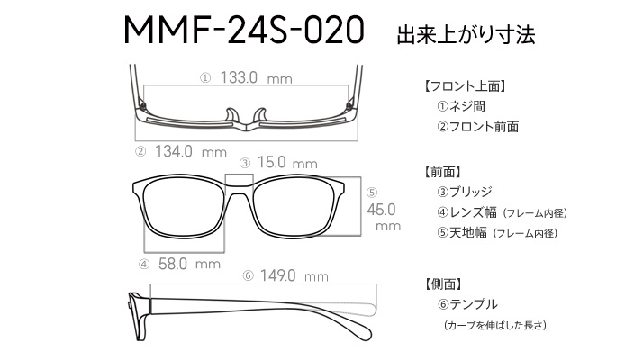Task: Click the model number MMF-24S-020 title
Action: click(243, 30)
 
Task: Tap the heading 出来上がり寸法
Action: click(466, 34)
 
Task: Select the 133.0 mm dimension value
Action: click(257, 77)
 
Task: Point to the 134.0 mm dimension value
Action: click(191, 152)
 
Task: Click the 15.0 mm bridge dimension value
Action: click(287, 162)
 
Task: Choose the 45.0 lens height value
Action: click(381, 210)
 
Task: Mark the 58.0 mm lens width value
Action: click(189, 264)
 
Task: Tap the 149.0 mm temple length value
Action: click(294, 275)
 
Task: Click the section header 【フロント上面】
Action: click(464, 86)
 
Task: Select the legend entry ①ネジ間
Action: click(461, 106)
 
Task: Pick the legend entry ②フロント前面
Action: click(477, 127)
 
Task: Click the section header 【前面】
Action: click(442, 172)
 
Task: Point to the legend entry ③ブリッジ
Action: click(465, 192)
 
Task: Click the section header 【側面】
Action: click(443, 283)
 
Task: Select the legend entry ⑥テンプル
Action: click(467, 304)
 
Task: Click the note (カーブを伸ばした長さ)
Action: click(495, 325)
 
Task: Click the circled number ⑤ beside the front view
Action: click(372, 193)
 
